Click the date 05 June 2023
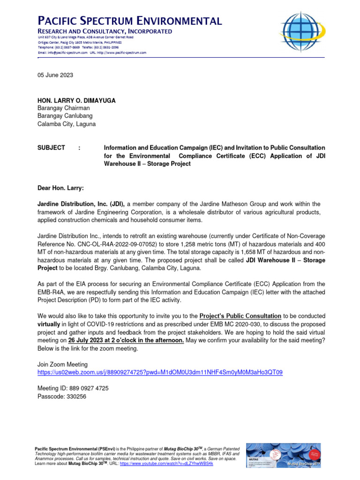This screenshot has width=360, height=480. click(x=55, y=75)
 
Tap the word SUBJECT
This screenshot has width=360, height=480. click(x=51, y=148)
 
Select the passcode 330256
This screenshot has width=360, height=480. click(x=77, y=396)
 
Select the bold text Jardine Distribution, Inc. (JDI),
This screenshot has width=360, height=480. click(x=81, y=204)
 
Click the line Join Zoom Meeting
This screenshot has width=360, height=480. click(x=62, y=364)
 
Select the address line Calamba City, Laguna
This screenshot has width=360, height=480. click(x=66, y=124)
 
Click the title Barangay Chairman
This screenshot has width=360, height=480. click(x=63, y=108)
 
